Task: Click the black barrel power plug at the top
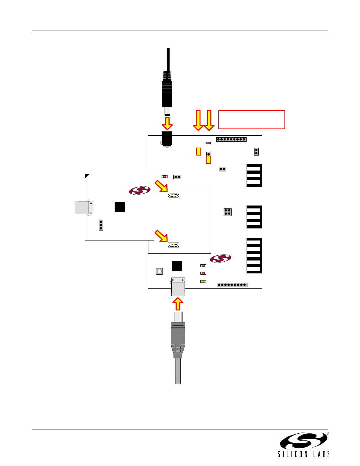(167, 88)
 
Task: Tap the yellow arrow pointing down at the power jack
(167, 123)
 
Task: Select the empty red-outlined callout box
(252, 120)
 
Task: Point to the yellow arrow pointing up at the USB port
(178, 304)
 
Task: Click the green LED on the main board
(203, 265)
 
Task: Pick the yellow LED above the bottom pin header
(203, 281)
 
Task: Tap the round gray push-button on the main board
(159, 271)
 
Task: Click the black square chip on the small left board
(120, 207)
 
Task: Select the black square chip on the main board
(177, 266)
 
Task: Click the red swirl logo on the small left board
(140, 191)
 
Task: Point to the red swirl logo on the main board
(220, 259)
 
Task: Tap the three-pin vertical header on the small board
(101, 225)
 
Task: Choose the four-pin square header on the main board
(227, 212)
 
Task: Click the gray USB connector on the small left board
(84, 208)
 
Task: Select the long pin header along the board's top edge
(231, 139)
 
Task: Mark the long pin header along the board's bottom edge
(232, 285)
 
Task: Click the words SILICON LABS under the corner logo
(303, 454)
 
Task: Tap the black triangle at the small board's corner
(87, 176)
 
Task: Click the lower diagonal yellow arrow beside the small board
(161, 236)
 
